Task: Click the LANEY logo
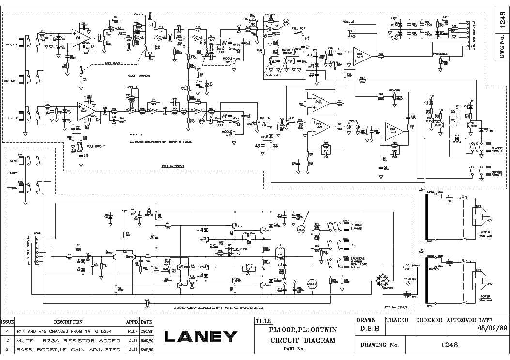[201, 336]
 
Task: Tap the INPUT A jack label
[12, 45]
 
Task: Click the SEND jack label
[13, 159]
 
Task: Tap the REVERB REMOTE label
[497, 173]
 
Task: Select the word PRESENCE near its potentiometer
[440, 54]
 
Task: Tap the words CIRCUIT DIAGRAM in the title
[302, 340]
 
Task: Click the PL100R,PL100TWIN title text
[302, 330]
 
